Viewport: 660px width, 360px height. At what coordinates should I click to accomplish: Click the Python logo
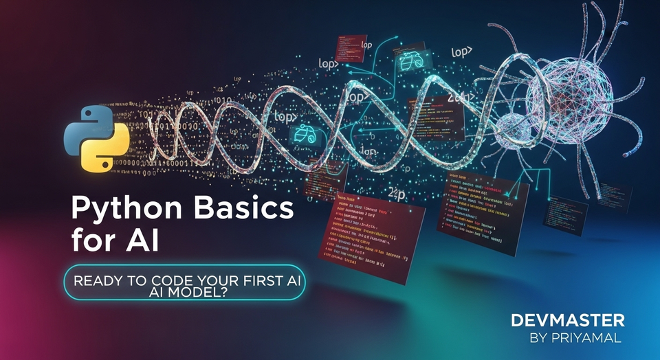[x=97, y=139]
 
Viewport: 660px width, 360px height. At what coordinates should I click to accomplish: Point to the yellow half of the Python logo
[x=108, y=153]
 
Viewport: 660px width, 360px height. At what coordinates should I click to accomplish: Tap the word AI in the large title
[x=140, y=241]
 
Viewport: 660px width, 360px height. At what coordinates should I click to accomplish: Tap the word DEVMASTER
[x=568, y=319]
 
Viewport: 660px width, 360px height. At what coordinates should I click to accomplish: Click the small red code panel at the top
[x=348, y=46]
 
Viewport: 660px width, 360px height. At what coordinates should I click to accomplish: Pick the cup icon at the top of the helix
[x=408, y=62]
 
